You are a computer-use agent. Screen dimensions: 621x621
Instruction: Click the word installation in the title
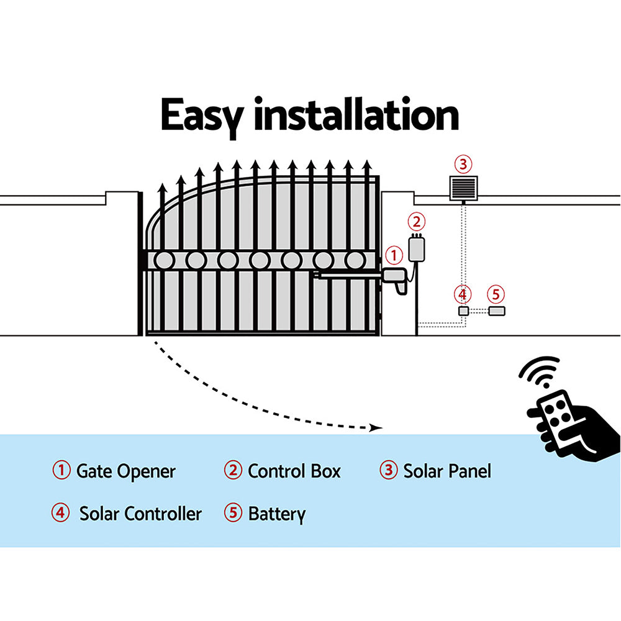coord(356,116)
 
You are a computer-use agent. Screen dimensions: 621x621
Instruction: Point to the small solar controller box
coord(463,310)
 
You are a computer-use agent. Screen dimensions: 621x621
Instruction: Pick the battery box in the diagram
coord(496,310)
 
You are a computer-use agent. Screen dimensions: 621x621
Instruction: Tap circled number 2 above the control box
coord(417,222)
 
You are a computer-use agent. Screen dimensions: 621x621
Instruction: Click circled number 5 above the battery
coord(495,293)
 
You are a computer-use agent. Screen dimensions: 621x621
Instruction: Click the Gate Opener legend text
coord(125,471)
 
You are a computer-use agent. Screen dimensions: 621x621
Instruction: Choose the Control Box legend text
coord(294,471)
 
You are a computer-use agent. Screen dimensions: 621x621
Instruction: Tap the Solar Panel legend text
coord(446,471)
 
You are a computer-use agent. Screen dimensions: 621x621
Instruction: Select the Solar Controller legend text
coord(140,514)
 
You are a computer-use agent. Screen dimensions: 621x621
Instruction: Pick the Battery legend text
coord(276,514)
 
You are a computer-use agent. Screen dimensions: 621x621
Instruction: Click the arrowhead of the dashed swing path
coord(374,428)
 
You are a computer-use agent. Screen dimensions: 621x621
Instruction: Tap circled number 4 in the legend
coord(60,514)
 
